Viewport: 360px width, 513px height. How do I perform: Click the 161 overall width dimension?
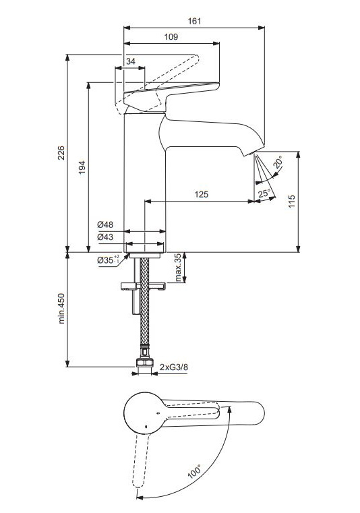click(194, 21)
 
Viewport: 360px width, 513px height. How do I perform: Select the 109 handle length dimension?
click(171, 36)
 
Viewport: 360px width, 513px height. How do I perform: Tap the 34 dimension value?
click(131, 61)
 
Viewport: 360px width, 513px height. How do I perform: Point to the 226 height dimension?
click(61, 153)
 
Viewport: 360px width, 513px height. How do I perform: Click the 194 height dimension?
click(82, 167)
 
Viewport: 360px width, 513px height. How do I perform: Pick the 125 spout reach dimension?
click(202, 194)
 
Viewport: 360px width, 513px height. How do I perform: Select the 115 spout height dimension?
click(292, 202)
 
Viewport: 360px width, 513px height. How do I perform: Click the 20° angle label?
click(278, 162)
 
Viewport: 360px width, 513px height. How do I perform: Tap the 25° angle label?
click(264, 193)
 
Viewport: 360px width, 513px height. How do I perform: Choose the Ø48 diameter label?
click(105, 224)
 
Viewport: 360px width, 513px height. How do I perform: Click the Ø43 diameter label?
click(105, 236)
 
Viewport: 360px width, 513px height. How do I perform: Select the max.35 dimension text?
click(178, 268)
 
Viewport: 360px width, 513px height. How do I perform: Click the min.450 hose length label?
click(61, 309)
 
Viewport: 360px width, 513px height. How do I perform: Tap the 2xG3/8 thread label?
click(174, 367)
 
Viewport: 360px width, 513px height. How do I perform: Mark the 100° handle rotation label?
click(194, 472)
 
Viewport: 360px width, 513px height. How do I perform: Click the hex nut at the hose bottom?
click(145, 363)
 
